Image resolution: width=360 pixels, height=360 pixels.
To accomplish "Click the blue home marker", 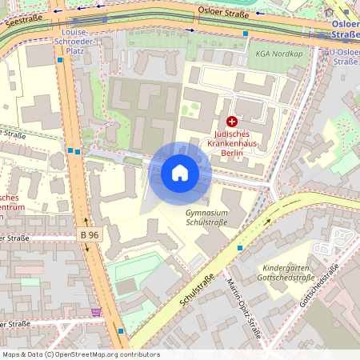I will click(180, 173).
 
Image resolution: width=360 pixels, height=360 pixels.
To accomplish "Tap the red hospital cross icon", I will click(232, 122).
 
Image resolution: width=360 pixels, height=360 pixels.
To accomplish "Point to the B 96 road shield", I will click(90, 235).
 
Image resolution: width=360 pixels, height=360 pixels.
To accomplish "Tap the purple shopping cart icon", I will click(97, 312).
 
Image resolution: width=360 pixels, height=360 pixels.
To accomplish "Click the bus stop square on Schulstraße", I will click(239, 248).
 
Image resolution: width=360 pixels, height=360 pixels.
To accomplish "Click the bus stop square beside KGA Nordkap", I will click(246, 34).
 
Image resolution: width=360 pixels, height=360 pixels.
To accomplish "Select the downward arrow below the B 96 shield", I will click(86, 249).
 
